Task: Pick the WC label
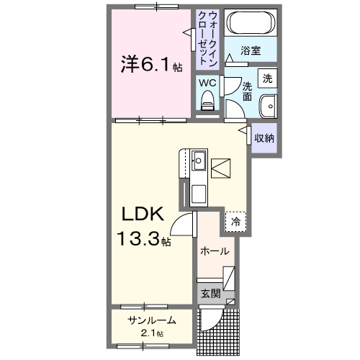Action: (x=208, y=81)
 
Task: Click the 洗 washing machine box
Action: (x=267, y=78)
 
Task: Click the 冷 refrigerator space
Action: (x=235, y=222)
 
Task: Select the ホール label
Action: (x=215, y=251)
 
